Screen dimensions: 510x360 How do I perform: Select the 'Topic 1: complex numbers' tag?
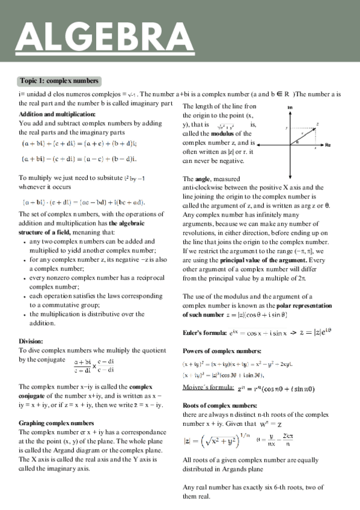pos(59,81)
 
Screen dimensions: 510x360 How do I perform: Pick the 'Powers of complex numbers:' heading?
pos(221,351)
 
